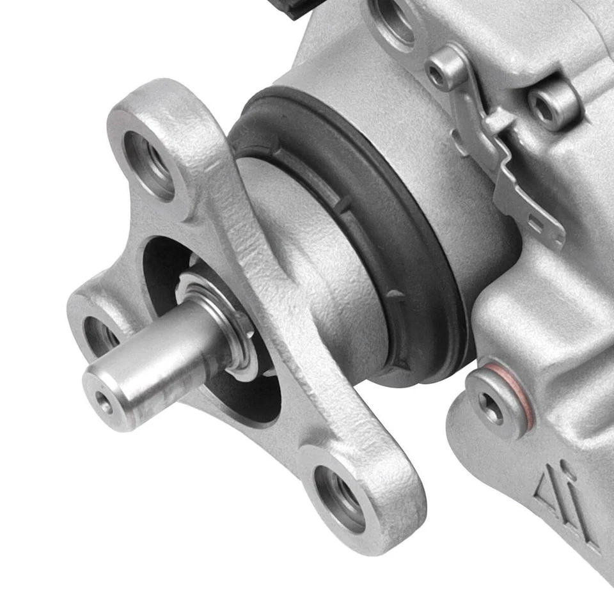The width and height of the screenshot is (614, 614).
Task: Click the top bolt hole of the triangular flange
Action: coord(148,164)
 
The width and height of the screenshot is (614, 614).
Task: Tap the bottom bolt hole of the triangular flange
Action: coord(340,497)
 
